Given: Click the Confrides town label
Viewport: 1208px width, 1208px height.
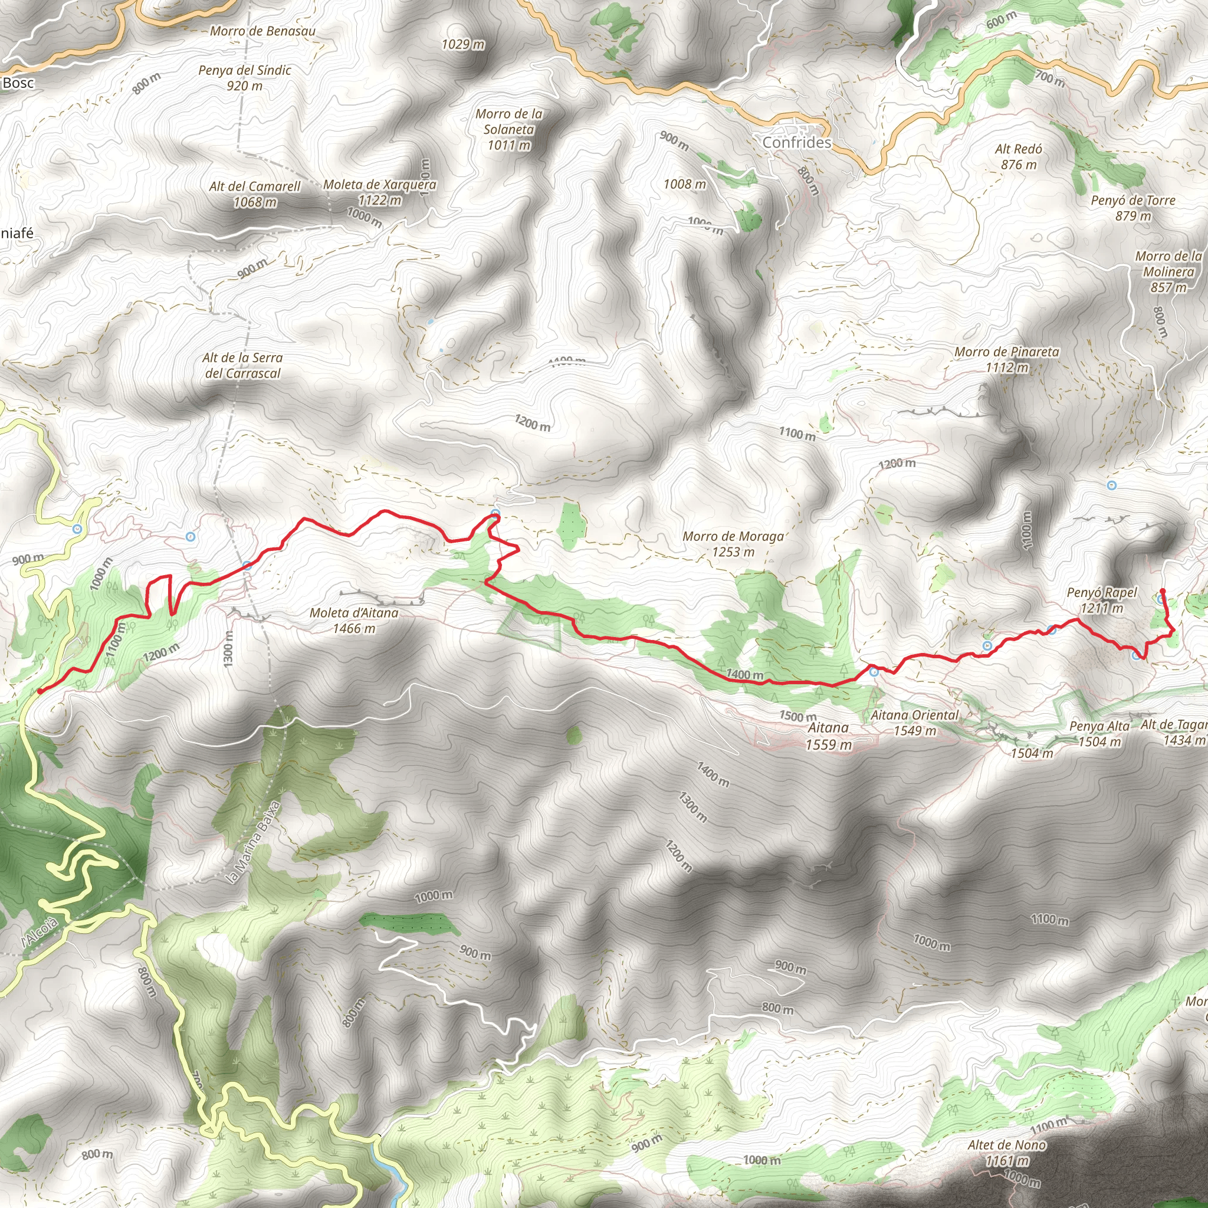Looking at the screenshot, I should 796,143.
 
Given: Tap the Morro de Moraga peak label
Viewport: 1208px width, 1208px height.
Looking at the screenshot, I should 733,544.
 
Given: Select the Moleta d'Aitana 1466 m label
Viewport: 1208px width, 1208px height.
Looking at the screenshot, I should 354,621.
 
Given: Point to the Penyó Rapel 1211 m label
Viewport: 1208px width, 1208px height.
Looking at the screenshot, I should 1102,600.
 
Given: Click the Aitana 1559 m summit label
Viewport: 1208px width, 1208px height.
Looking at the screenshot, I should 829,736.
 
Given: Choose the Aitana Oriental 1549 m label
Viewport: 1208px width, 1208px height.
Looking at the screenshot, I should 915,722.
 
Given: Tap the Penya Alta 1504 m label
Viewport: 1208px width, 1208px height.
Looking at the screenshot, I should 1099,733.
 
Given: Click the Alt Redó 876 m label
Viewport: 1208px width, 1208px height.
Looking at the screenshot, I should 1019,156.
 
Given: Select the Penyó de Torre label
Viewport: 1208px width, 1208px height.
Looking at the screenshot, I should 1133,208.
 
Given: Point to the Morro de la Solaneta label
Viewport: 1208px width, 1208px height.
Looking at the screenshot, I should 509,129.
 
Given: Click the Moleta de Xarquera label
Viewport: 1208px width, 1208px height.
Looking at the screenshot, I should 379,192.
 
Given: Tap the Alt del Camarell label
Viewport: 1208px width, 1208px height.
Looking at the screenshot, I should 254,194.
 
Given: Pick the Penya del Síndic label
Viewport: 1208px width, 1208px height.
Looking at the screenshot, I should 244,77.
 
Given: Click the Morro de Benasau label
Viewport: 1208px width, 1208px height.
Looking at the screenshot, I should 262,31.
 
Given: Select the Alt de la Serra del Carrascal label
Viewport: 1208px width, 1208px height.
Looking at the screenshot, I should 242,365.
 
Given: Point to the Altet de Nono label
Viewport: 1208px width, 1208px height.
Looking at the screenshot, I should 1007,1153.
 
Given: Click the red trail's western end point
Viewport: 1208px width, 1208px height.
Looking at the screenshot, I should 40,691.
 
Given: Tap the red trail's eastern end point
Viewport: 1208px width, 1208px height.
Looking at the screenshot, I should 1163,591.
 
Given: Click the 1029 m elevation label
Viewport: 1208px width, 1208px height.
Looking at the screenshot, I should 462,44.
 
